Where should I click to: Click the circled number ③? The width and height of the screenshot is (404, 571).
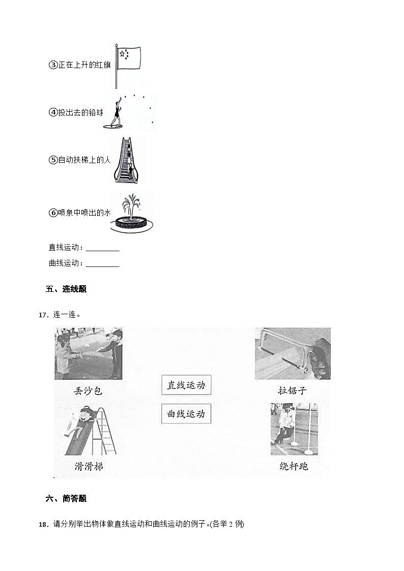coord(52,65)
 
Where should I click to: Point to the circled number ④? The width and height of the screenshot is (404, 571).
coord(52,113)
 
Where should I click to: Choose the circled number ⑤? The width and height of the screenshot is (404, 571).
coord(52,160)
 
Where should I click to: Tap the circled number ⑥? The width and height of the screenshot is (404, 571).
coord(52,213)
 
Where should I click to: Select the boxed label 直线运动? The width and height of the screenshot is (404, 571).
coord(186,385)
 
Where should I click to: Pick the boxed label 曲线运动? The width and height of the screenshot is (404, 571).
coord(186,414)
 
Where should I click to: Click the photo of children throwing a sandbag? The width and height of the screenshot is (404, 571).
coord(89,353)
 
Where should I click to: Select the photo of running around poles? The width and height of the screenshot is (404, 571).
coord(294,429)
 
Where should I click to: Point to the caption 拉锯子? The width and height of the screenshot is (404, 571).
coord(292,391)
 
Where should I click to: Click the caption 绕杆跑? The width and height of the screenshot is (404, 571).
coord(294,466)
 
